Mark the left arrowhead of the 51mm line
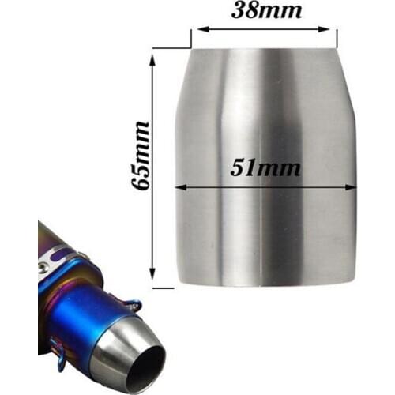pyautogui.click(x=179, y=188)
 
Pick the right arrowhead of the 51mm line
pyautogui.click(x=352, y=188)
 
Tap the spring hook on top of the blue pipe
pyautogui.click(x=133, y=304)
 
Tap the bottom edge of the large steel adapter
pyautogui.click(x=265, y=286)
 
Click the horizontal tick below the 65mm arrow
pyautogui.click(x=162, y=288)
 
